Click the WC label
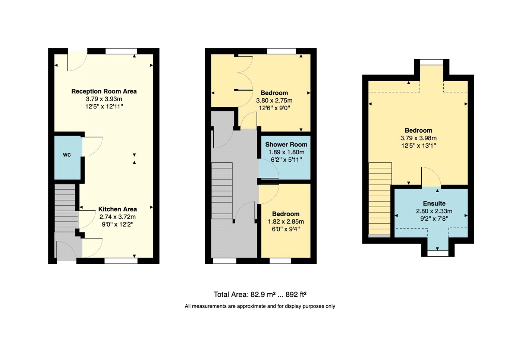pos(67,155)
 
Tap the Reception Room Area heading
pos(104,91)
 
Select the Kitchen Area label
pos(117,209)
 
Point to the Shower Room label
pos(286,144)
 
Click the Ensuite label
pos(434,203)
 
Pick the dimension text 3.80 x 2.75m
pos(274,101)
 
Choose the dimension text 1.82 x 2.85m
pos(286,221)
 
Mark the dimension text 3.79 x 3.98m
pos(418,138)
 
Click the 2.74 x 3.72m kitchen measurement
pos(117,217)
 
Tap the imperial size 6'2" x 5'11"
pos(286,160)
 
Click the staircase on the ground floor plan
pos(66,208)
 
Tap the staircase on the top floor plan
pos(380,199)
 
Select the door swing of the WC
pos(92,146)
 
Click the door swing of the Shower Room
pos(269,168)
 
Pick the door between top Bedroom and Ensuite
pos(431,177)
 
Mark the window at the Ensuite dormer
pos(438,253)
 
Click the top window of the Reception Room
pos(121,51)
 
